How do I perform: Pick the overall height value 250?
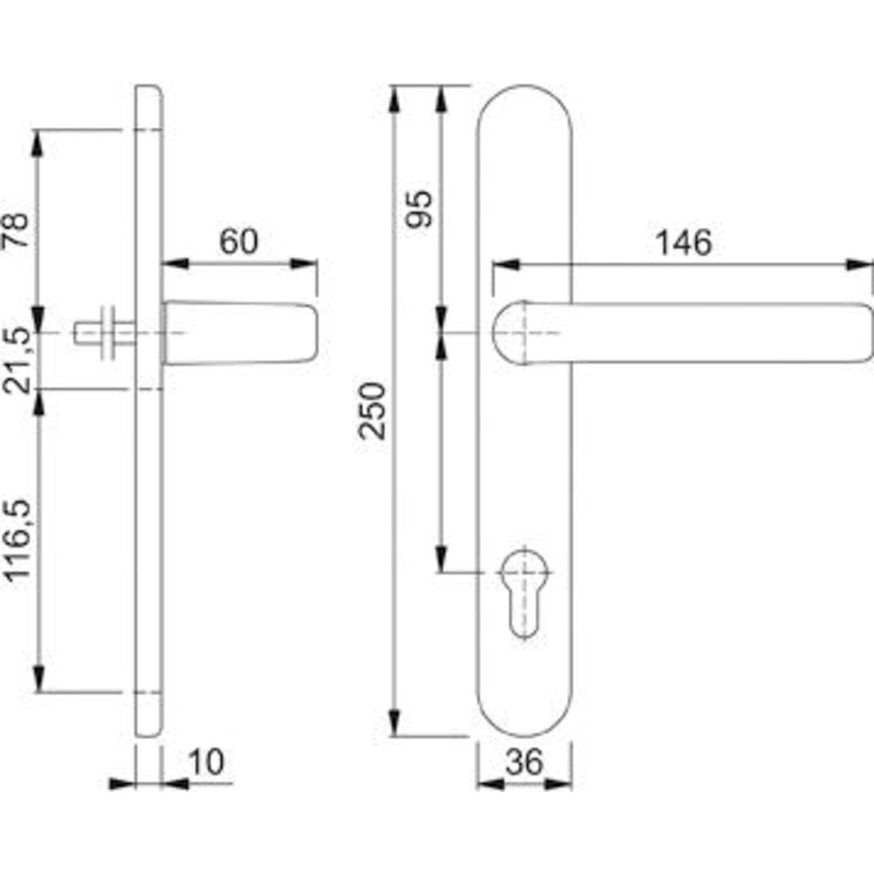coord(372,411)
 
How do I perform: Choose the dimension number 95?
coord(418,208)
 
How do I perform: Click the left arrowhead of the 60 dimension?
coord(176,264)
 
